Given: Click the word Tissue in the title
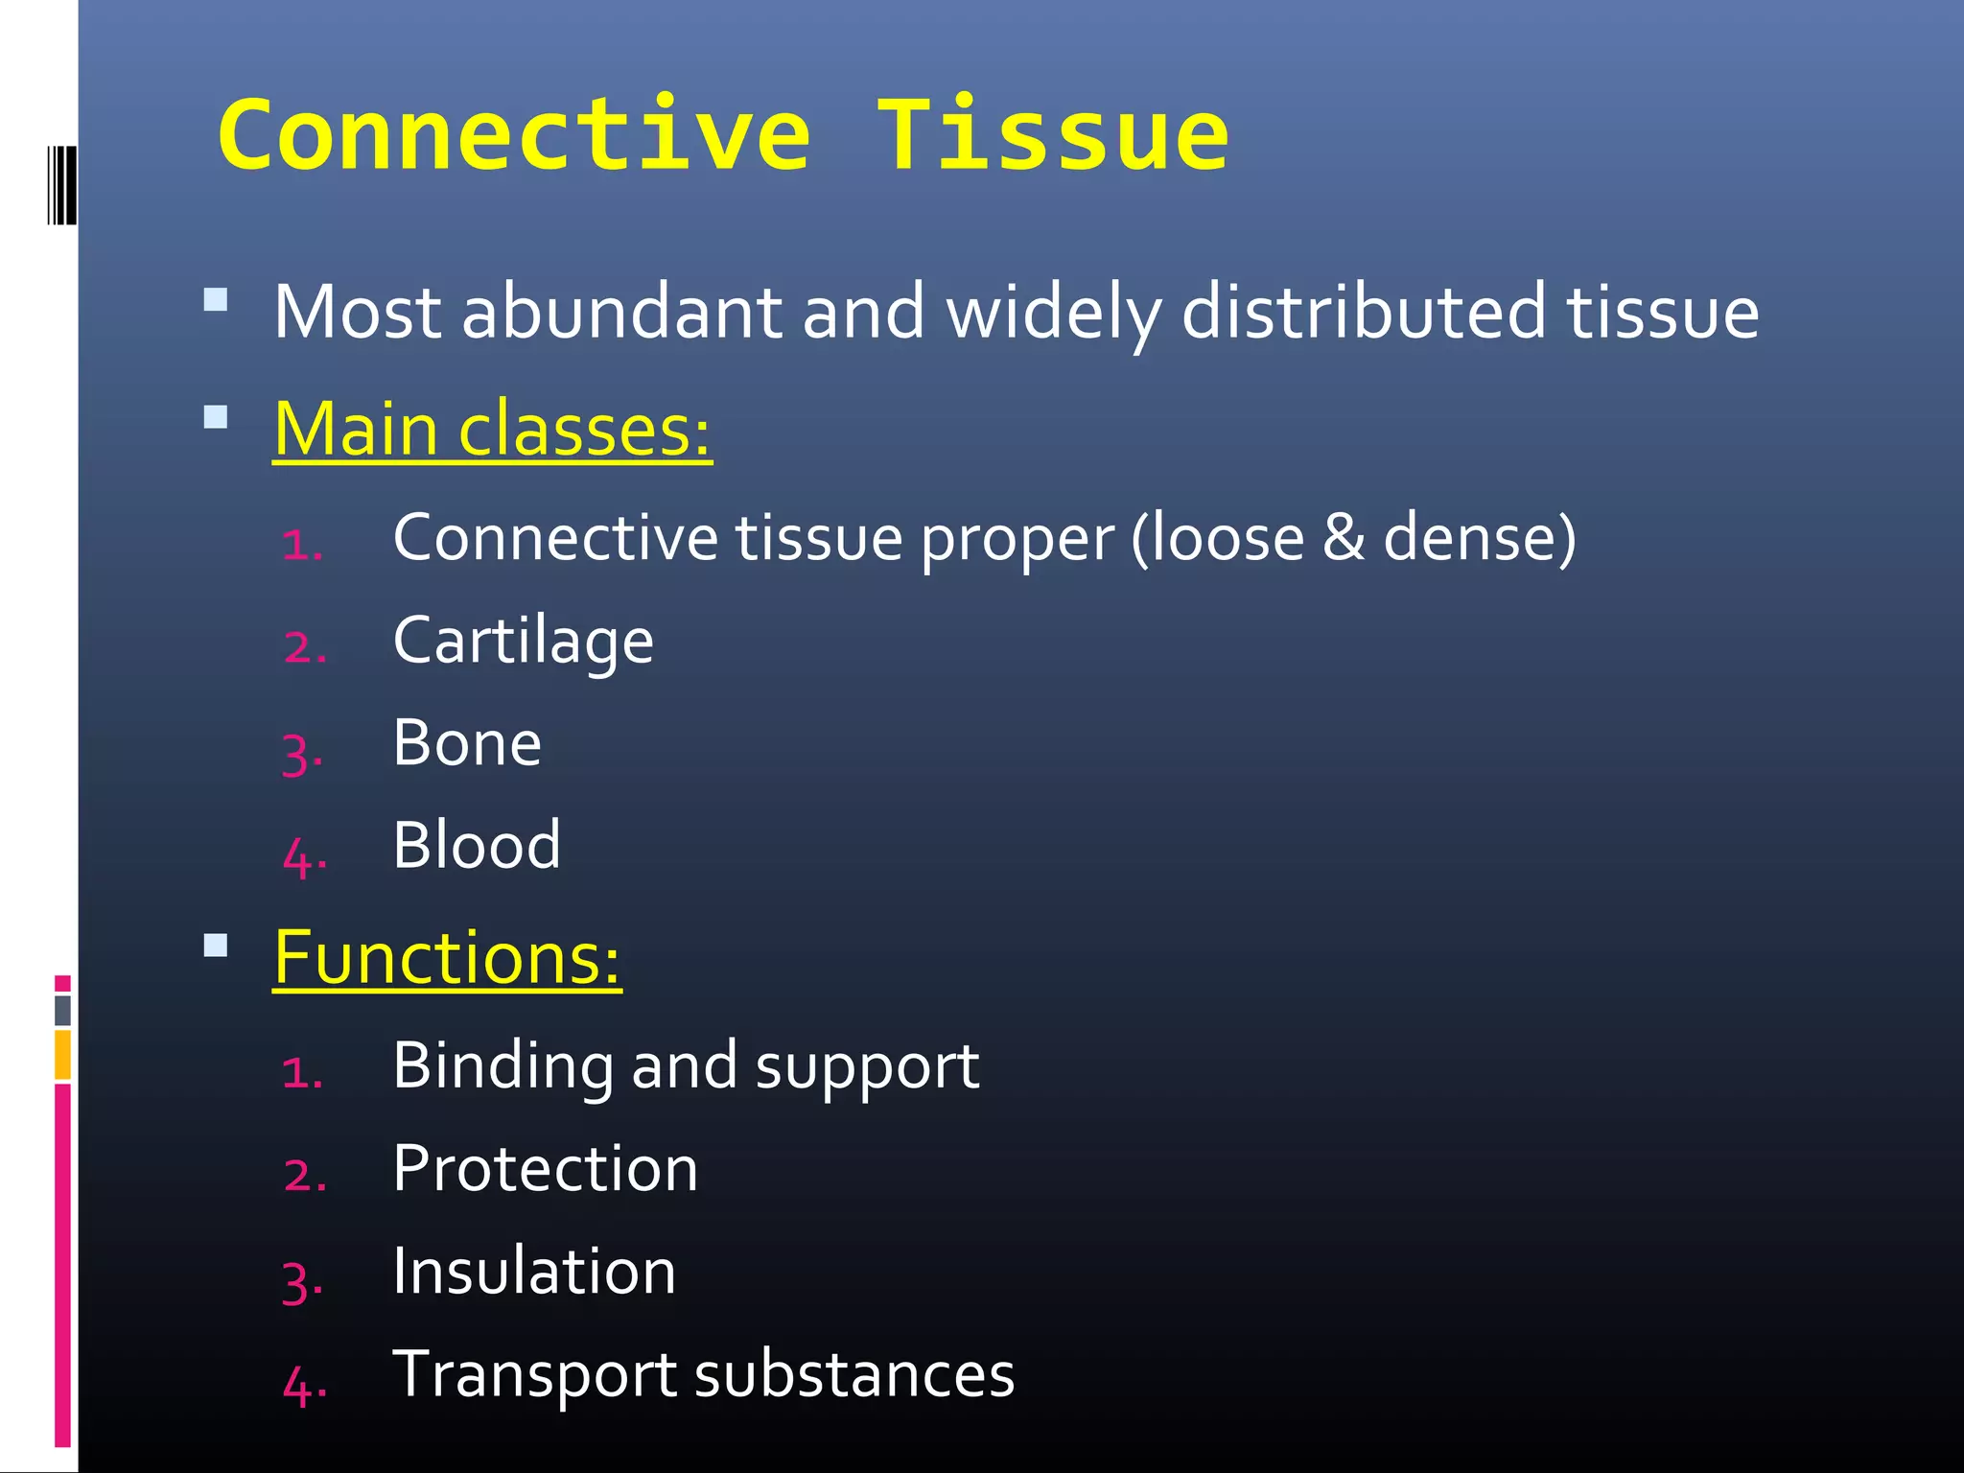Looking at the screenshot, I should (1052, 137).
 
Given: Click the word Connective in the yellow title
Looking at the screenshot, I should (515, 137).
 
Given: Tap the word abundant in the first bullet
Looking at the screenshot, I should (621, 313).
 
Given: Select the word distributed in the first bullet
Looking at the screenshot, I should (1363, 313).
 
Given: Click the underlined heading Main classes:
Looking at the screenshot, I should (492, 430).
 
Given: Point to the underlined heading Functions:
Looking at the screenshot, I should (447, 958).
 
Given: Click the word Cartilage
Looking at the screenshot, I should (523, 641).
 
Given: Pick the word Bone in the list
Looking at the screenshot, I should (467, 743).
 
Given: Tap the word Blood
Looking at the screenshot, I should (477, 846).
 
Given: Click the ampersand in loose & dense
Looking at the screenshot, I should (1343, 538).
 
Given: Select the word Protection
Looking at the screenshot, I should (545, 1169).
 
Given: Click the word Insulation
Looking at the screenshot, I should (534, 1272).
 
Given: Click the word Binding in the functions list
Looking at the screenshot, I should (503, 1065).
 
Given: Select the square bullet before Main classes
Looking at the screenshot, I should (216, 417).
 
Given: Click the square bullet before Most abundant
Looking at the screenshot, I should (216, 300).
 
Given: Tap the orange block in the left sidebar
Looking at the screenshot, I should (62, 1055).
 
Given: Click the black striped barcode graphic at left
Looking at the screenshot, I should (62, 185).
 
